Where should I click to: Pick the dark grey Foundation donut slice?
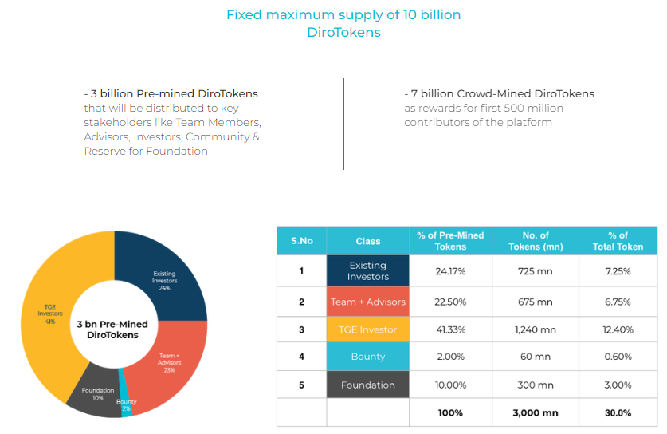(94, 395)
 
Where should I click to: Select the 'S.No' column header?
(301, 241)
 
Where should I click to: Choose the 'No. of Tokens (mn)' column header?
(535, 241)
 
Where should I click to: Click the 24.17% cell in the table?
(450, 271)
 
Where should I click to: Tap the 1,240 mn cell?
(535, 329)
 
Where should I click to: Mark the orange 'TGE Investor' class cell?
(367, 329)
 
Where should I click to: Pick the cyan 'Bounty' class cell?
(367, 357)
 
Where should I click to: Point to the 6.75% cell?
(618, 302)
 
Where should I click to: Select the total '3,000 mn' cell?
(535, 413)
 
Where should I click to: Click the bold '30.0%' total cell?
(618, 413)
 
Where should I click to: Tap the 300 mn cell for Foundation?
(535, 385)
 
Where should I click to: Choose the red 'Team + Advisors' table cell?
(367, 302)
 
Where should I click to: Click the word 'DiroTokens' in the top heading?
(343, 33)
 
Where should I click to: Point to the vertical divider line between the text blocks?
(343, 124)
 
